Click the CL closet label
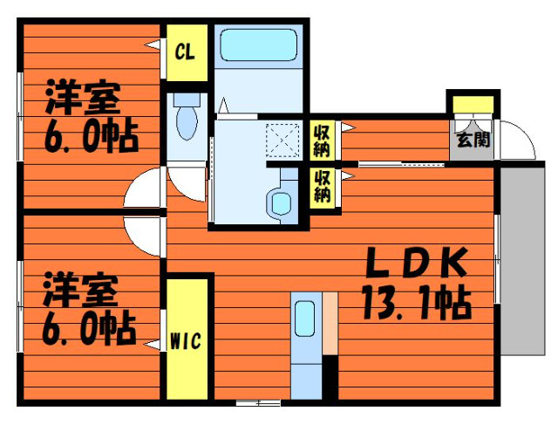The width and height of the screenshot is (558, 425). (x=185, y=53)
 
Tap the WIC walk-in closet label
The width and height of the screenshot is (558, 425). (x=186, y=341)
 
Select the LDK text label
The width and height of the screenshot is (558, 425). (x=418, y=262)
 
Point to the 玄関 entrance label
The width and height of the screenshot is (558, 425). (x=473, y=140)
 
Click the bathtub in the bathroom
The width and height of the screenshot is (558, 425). (x=259, y=45)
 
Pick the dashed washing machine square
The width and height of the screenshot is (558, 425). (x=282, y=141)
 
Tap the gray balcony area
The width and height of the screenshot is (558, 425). (x=522, y=261)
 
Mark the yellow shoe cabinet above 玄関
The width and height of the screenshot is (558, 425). (x=473, y=105)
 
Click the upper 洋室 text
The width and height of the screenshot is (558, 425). (x=83, y=98)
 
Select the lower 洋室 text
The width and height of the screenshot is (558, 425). (x=80, y=290)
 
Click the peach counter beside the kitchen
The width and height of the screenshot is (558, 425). (x=330, y=324)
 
